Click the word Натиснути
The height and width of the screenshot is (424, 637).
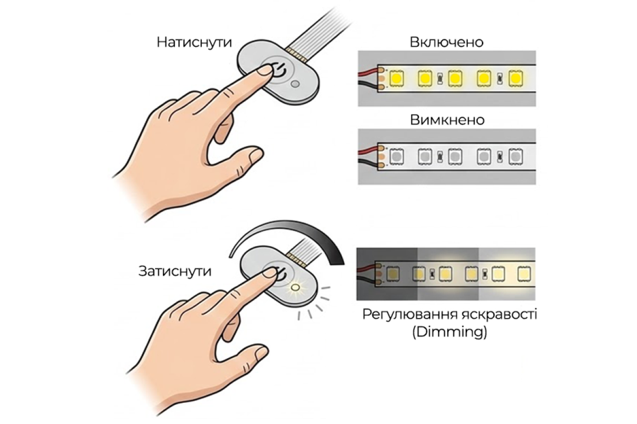point(194,42)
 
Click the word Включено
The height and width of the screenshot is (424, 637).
point(446,42)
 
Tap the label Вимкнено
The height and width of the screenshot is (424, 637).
point(447,120)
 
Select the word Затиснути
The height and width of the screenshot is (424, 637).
point(175,271)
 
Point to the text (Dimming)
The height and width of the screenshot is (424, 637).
point(450,332)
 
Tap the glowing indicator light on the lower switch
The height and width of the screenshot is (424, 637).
point(296,288)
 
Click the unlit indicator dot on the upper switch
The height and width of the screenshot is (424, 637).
point(295,84)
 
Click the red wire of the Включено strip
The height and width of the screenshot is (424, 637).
point(368,72)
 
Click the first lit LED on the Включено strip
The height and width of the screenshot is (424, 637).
point(396,78)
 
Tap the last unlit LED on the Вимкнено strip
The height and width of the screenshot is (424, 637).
point(515,156)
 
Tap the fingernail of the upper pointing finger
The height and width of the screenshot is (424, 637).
point(264,70)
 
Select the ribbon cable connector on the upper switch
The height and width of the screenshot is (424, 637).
point(296,55)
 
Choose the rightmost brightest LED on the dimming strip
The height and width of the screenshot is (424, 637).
point(524,275)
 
